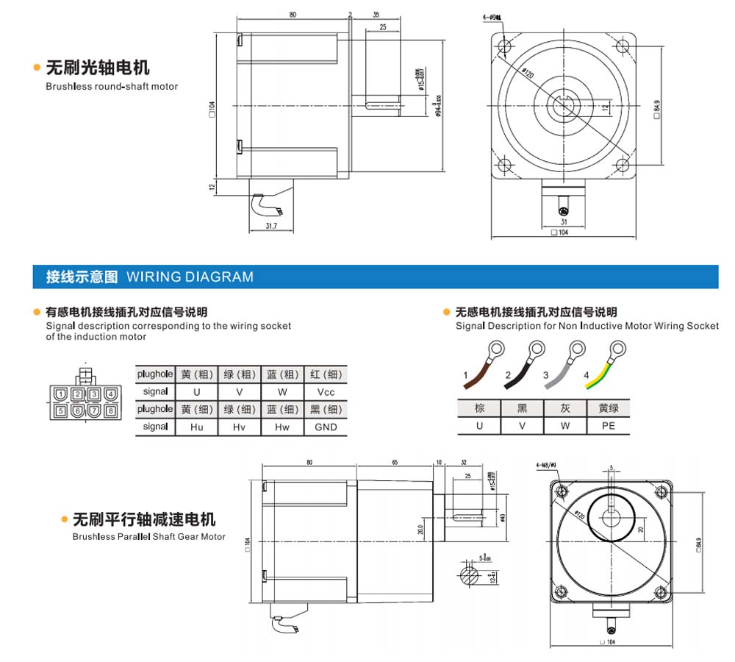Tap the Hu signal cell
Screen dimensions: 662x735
196,427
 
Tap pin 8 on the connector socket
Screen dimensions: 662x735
110,410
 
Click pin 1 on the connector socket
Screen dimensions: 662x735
61,394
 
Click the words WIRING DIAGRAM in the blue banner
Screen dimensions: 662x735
190,277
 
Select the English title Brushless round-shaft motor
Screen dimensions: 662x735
112,86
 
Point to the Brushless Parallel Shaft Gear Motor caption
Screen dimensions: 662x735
148,537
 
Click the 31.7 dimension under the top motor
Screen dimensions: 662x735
270,226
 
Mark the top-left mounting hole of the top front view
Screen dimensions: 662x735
505,47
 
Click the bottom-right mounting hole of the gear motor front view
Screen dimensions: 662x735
662,590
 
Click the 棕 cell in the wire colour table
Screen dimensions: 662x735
479,407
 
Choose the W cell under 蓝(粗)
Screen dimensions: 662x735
282,392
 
